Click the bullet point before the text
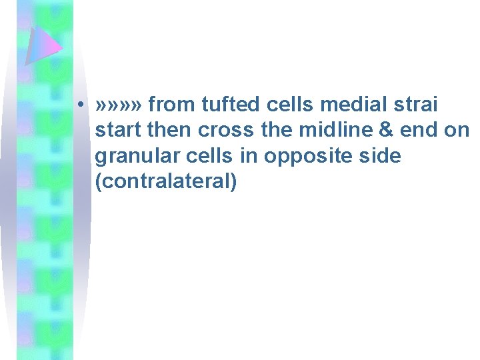tap(79, 106)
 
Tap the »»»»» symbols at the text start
tap(119, 105)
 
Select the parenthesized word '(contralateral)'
tap(166, 181)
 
